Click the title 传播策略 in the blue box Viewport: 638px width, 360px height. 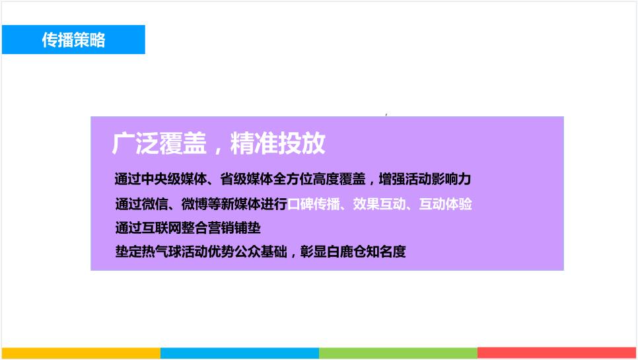74,40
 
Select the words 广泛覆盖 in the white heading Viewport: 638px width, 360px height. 160,143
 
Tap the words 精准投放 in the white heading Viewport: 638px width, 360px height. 278,143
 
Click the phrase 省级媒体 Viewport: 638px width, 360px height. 246,179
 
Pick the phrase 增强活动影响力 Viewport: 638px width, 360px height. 425,179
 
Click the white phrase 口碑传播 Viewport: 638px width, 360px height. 313,204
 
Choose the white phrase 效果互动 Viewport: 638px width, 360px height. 379,204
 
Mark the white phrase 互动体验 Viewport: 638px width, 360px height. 445,204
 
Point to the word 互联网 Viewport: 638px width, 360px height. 162,228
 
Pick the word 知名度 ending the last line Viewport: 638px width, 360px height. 386,252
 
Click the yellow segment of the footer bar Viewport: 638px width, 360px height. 81,353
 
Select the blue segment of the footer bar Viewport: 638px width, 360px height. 240,353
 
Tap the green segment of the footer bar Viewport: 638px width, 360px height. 398,353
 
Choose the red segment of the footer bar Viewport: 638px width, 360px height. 557,353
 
